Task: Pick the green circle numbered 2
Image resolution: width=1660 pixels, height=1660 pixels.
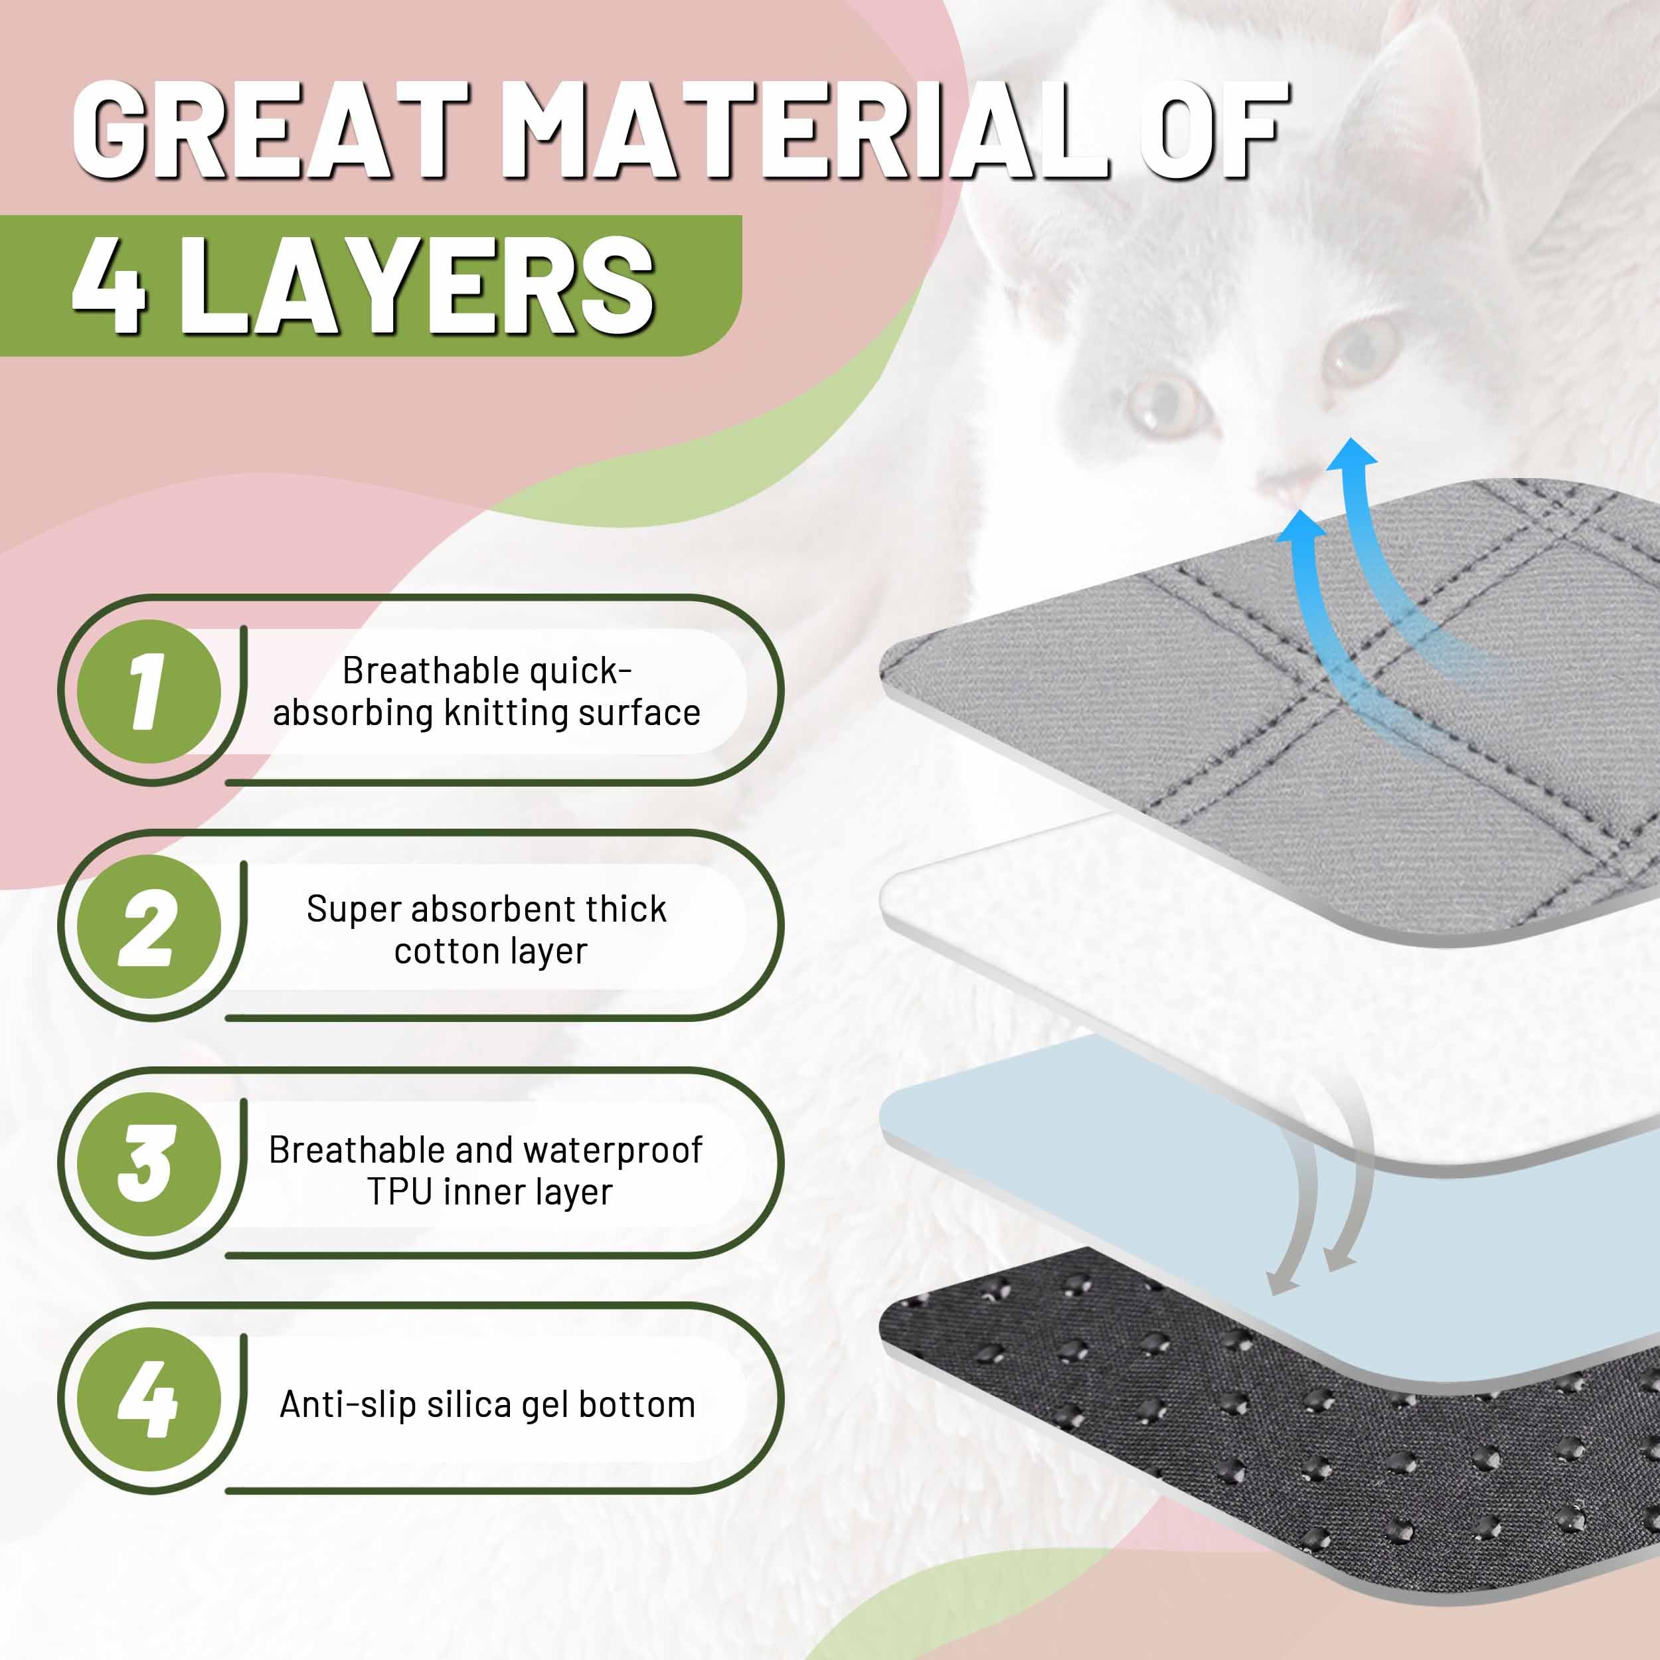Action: click(x=149, y=927)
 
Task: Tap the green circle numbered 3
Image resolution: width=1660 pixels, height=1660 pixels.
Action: click(x=149, y=1163)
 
